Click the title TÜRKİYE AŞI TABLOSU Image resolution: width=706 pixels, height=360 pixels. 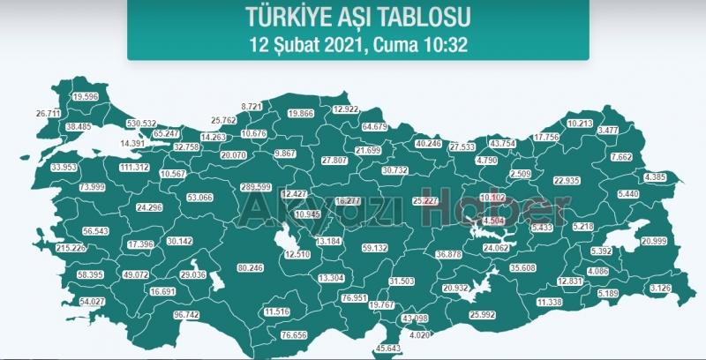pos(358,16)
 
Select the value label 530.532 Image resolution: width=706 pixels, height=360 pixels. pos(141,124)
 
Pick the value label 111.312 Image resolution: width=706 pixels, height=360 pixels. pos(133,167)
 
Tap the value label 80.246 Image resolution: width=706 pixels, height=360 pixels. pos(251,267)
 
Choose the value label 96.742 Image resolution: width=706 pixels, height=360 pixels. pos(186,314)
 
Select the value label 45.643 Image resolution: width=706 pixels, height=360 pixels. pos(388,349)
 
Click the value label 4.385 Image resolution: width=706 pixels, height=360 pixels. pos(656,177)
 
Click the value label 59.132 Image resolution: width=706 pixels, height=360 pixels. pos(375,248)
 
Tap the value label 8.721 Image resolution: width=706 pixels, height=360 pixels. pos(252,106)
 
